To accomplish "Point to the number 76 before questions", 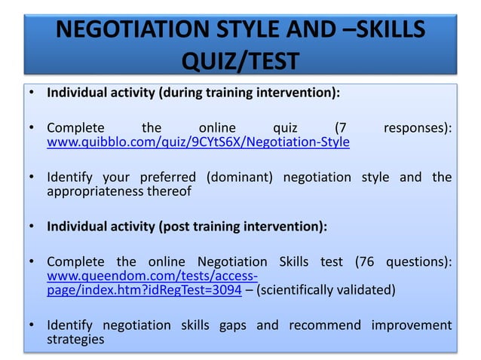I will [369, 262].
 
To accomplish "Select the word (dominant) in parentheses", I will [240, 177].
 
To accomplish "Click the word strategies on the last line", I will [75, 340].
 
